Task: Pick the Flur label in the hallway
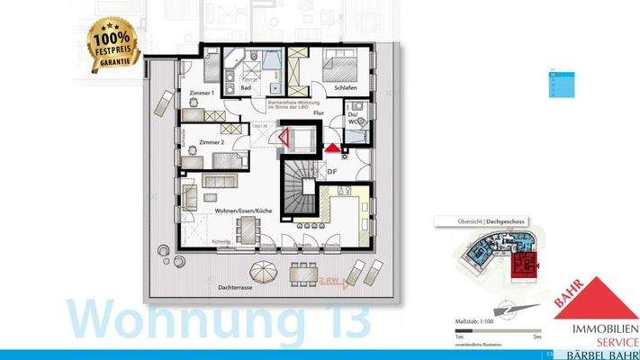click(318, 114)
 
